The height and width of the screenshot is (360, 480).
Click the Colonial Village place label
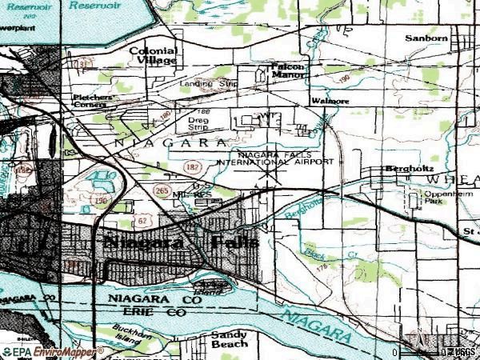click(153, 54)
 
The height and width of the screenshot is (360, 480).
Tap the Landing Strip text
click(206, 82)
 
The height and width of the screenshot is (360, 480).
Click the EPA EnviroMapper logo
click(53, 351)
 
